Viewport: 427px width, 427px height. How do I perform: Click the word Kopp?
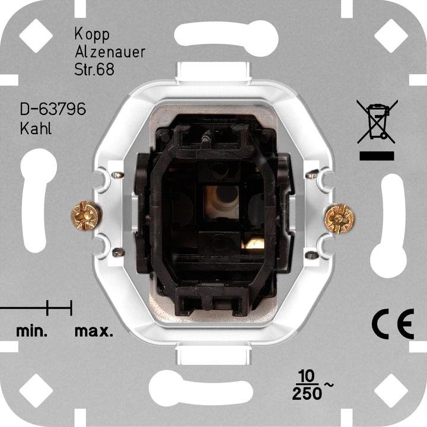click(x=92, y=33)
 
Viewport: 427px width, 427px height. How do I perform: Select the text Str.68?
click(x=94, y=68)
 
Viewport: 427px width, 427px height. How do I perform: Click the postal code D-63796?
click(x=53, y=110)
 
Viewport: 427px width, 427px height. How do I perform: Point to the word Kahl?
click(x=36, y=128)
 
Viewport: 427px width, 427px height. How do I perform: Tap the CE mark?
click(x=393, y=324)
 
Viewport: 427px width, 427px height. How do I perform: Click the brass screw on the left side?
click(x=82, y=216)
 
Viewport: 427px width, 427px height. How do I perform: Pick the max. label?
click(x=94, y=331)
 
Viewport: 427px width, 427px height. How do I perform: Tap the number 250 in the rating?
click(x=307, y=393)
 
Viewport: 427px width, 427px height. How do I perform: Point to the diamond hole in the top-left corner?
click(x=36, y=36)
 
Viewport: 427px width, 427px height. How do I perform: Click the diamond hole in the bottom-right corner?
click(x=391, y=391)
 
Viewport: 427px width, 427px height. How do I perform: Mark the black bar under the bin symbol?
click(x=376, y=156)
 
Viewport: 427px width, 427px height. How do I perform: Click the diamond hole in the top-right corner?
click(x=391, y=36)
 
